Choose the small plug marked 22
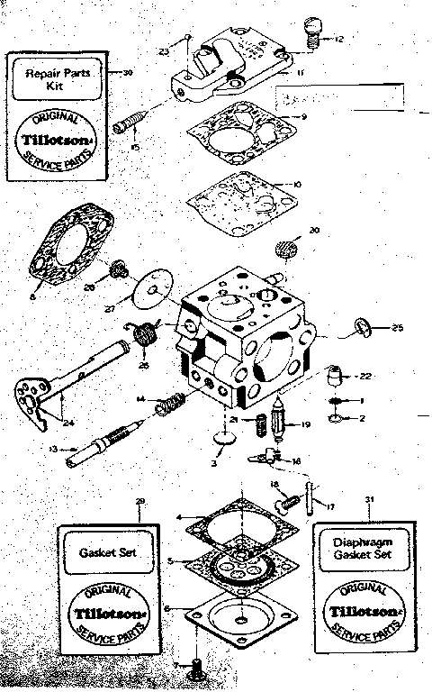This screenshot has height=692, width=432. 335,373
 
